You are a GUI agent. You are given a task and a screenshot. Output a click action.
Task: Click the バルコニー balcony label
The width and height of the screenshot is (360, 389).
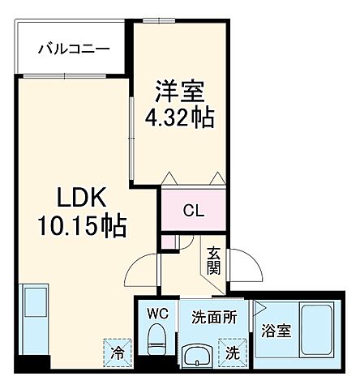click(73, 48)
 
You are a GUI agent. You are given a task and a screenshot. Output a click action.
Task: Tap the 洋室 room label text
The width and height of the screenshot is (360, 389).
click(178, 89)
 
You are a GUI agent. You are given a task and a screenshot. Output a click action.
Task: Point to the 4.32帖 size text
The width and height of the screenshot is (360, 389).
click(180, 118)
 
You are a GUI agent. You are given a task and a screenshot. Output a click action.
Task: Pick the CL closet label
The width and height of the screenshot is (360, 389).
click(193, 212)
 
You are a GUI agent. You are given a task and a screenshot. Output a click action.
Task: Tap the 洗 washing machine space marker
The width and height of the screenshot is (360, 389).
click(232, 353)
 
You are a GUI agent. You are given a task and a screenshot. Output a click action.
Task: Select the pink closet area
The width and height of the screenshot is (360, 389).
click(193, 212)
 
